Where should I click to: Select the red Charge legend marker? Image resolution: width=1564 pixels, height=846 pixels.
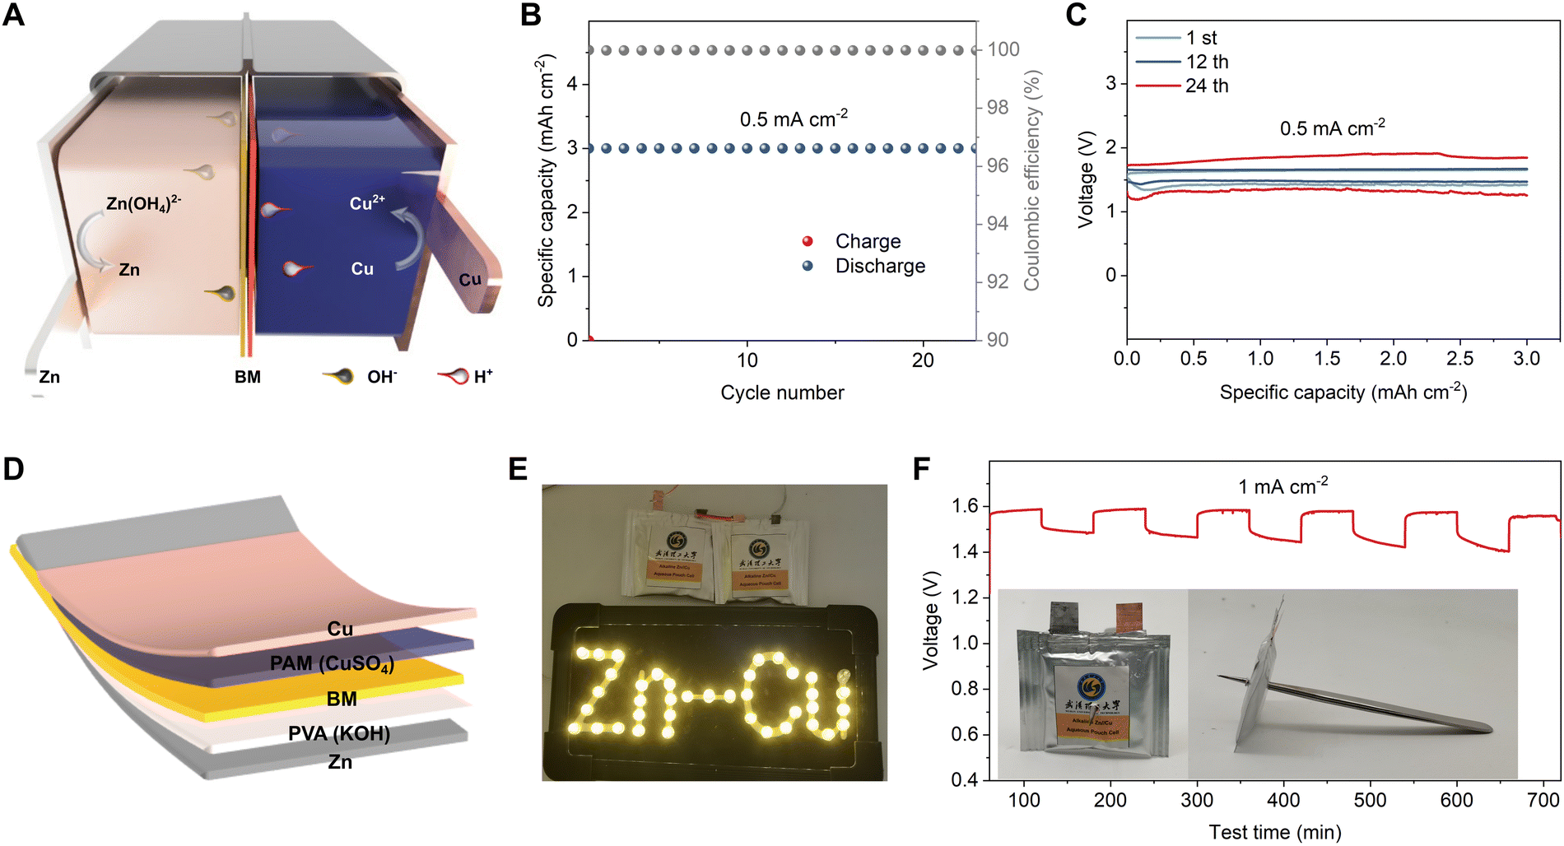[808, 241]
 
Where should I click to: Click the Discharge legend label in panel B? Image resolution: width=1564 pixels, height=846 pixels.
[880, 266]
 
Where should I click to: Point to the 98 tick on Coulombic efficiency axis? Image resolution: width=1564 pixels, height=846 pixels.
[998, 107]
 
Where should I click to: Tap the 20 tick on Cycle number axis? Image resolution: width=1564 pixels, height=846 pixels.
[923, 360]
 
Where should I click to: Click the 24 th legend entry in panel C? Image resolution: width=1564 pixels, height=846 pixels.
[1207, 86]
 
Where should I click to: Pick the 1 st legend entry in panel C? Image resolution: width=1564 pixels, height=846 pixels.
[1201, 38]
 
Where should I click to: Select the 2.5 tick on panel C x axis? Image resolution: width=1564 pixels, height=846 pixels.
[1459, 359]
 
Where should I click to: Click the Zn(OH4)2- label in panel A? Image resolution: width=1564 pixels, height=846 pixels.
[143, 203]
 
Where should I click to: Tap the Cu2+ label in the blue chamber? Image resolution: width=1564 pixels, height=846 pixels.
[367, 202]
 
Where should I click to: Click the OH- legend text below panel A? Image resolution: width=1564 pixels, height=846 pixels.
[382, 377]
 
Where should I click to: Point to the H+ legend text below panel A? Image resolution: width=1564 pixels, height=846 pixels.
[483, 376]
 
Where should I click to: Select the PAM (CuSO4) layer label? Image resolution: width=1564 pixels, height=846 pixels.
[332, 663]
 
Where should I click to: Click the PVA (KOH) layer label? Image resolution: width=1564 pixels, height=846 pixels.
[339, 733]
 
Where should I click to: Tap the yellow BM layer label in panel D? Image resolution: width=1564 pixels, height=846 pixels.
[342, 699]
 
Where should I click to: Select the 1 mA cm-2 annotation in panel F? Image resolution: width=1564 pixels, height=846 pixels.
[1282, 486]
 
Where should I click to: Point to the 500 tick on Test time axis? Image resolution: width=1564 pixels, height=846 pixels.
[1370, 800]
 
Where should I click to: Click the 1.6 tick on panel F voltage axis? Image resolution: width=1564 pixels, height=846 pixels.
[965, 506]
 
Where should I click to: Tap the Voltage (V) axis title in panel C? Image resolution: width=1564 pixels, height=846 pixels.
[1086, 179]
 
